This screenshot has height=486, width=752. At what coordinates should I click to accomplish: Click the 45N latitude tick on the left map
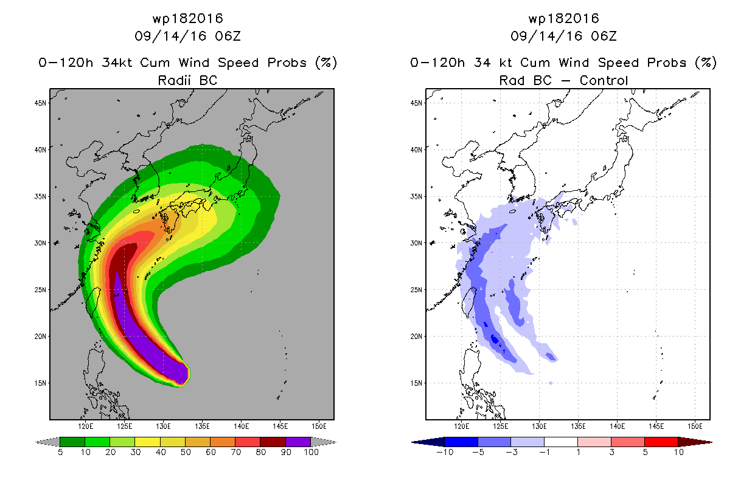tap(49, 103)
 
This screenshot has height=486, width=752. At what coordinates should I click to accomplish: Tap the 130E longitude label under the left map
tap(164, 426)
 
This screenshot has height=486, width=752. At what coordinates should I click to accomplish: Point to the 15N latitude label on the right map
tap(416, 383)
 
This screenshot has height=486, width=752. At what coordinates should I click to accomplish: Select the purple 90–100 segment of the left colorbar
tap(298, 442)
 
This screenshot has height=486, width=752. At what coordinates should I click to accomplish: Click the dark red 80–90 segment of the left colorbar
tap(273, 442)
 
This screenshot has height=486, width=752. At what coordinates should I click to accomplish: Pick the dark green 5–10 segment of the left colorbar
tap(72, 442)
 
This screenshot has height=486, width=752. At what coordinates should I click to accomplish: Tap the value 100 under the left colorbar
tap(311, 452)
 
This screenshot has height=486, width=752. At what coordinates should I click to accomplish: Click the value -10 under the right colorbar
tap(445, 452)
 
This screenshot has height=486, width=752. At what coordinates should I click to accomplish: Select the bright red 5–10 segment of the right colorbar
tap(661, 442)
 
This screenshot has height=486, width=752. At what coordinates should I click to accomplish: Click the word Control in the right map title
tap(604, 80)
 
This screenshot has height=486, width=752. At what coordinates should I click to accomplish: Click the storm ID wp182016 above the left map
tap(187, 18)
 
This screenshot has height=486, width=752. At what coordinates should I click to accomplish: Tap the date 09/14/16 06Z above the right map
tap(563, 36)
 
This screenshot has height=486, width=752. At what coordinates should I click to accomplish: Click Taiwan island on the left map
tap(93, 302)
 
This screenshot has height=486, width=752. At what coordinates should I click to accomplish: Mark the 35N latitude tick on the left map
tap(49, 196)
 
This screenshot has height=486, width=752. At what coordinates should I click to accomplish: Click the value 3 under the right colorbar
tap(611, 452)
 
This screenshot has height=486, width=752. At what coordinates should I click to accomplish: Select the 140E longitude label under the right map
tap(617, 426)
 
